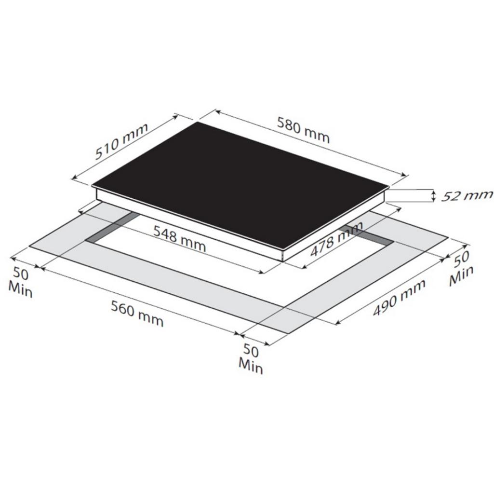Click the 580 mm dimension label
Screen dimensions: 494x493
[x=303, y=130]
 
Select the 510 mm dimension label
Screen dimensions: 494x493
[x=121, y=141]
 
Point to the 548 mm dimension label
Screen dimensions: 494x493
[x=180, y=239]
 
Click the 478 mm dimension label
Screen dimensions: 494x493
[x=336, y=239]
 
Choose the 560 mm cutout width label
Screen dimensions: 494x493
[x=137, y=314]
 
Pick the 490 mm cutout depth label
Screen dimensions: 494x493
[x=399, y=298]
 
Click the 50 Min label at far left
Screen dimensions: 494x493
[x=20, y=282]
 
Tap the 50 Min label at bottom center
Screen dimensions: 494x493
[x=251, y=358]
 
